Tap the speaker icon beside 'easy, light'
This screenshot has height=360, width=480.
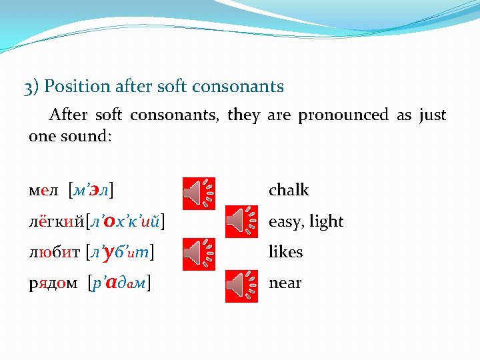(x=241, y=221)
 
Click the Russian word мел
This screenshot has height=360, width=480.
(x=44, y=191)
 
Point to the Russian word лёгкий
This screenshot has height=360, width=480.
(x=56, y=221)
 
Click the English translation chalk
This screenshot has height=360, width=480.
(x=289, y=190)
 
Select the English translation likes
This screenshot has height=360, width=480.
(x=285, y=252)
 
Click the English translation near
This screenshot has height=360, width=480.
(x=285, y=283)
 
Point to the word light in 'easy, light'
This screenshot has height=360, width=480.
(x=326, y=221)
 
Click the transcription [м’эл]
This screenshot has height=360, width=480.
(x=91, y=191)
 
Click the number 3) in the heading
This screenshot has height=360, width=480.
(x=31, y=87)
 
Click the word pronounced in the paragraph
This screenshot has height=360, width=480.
(x=343, y=115)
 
